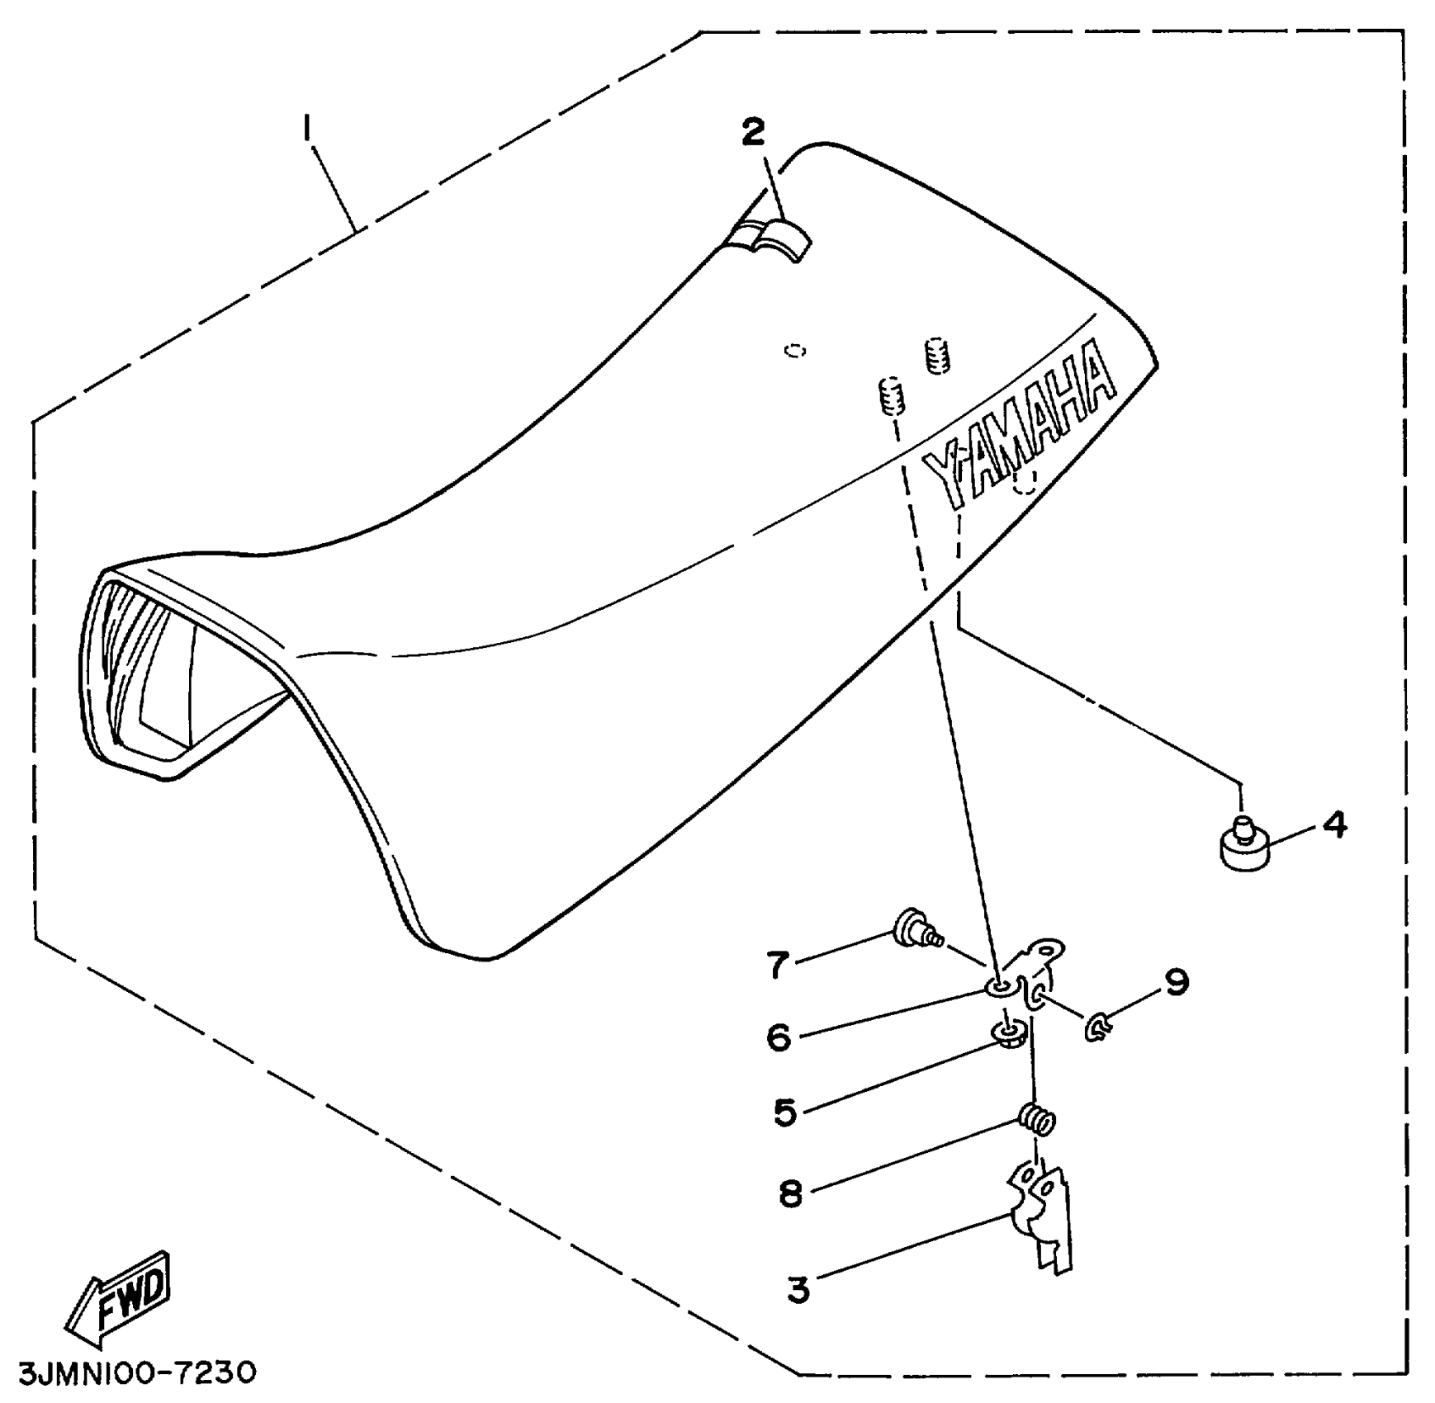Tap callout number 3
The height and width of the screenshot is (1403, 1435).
(x=798, y=1289)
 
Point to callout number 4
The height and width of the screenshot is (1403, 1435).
(x=1334, y=824)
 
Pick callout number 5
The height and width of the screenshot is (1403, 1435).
(x=784, y=1112)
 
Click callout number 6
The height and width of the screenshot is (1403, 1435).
(x=779, y=1037)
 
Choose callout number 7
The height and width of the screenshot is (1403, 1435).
(x=778, y=964)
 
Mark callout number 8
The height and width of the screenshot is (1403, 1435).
(x=790, y=1193)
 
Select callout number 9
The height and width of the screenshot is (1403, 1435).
(x=1176, y=982)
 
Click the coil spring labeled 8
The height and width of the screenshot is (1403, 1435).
(x=1037, y=1120)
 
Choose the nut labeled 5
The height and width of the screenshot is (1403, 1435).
(x=1010, y=1033)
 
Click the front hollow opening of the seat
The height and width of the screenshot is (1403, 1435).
(x=149, y=677)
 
